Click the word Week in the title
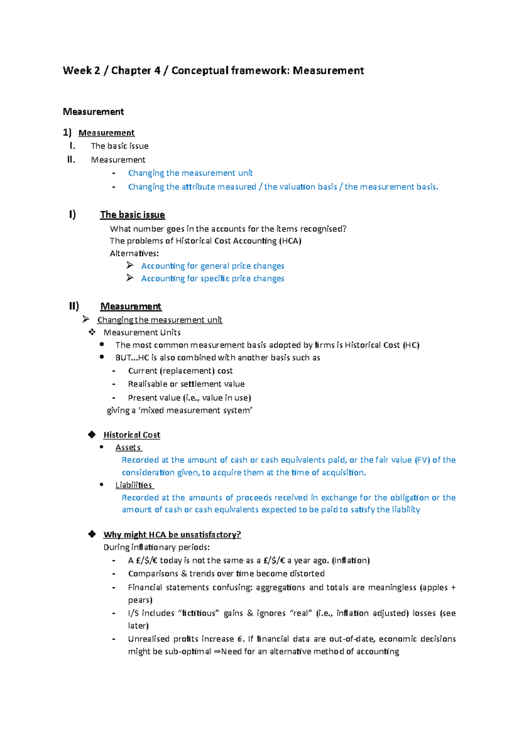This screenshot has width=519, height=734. pyautogui.click(x=77, y=70)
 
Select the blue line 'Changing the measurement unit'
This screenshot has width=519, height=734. pyautogui.click(x=190, y=173)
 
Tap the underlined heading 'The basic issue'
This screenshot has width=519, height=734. pyautogui.click(x=132, y=215)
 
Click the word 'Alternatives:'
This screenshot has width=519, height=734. pyautogui.click(x=134, y=253)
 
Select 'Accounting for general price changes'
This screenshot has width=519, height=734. pyautogui.click(x=213, y=266)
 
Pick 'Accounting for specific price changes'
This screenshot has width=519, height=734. pyautogui.click(x=213, y=278)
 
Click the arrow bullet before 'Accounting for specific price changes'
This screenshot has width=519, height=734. pyautogui.click(x=130, y=278)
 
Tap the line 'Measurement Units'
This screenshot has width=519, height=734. pyautogui.click(x=142, y=332)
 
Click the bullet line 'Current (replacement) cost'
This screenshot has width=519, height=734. pyautogui.click(x=180, y=371)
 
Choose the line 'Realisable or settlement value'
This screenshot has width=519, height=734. pyautogui.click(x=186, y=384)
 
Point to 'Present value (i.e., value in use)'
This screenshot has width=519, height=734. pyautogui.click(x=189, y=398)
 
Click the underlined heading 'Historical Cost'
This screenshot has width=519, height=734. pyautogui.click(x=132, y=435)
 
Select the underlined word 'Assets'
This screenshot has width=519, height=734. pyautogui.click(x=128, y=447)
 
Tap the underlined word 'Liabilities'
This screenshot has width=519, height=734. pyautogui.click(x=134, y=485)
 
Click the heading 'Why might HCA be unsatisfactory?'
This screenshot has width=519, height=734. pyautogui.click(x=172, y=535)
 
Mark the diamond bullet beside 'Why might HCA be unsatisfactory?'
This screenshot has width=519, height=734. pyautogui.click(x=92, y=534)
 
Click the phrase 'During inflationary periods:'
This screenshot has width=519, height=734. pyautogui.click(x=157, y=547)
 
